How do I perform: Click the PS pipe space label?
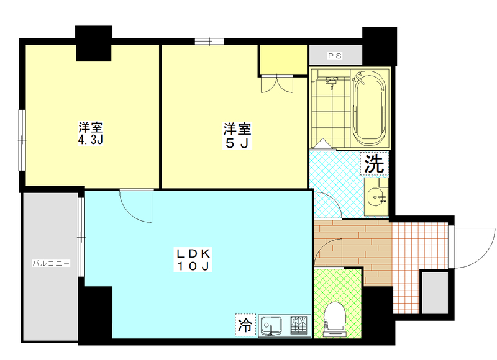[x=335, y=56]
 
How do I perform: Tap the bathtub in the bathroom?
[x=369, y=107]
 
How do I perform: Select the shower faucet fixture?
[x=331, y=81]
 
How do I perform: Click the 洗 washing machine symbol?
[x=375, y=163]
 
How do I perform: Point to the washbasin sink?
[x=376, y=197]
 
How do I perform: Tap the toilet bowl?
[x=334, y=318]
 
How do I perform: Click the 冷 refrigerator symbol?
[x=245, y=325]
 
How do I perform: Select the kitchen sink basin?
[x=271, y=325]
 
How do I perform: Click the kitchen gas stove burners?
[x=299, y=325]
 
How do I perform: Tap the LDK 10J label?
[x=193, y=259]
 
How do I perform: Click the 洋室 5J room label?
[x=237, y=135]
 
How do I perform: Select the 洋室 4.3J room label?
[x=91, y=133]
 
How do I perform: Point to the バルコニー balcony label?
[x=51, y=263]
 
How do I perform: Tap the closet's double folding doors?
[x=277, y=84]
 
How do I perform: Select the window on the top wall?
[x=209, y=42]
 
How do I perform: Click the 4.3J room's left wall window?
[x=22, y=140]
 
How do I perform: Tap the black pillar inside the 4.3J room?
[x=94, y=43]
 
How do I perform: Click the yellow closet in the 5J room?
[x=283, y=60]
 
